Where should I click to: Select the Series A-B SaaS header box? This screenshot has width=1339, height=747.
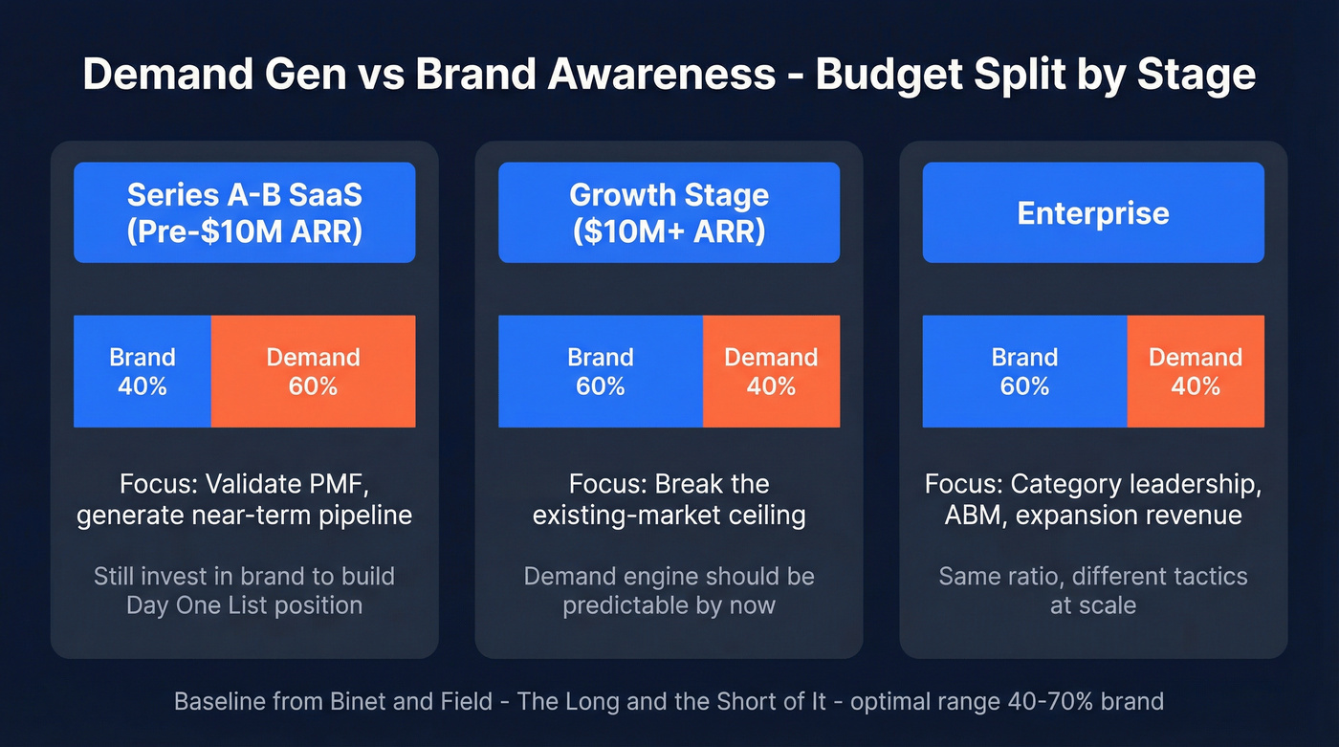point(245,212)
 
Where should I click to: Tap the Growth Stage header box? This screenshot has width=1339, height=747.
point(669,212)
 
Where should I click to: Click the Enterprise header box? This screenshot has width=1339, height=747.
point(1093,212)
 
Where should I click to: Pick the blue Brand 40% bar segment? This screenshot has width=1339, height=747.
point(143,371)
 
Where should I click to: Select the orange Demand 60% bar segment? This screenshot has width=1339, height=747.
point(313,371)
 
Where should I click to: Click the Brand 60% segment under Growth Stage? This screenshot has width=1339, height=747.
point(601,371)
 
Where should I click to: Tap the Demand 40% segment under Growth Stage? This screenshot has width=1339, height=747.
point(771,371)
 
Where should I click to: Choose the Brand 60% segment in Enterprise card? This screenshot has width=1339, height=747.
point(1024,371)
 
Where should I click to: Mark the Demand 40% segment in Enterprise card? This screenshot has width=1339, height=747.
point(1196,371)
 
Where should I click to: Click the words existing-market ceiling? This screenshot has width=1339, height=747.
point(669,516)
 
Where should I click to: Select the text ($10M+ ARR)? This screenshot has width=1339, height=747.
point(669,231)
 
